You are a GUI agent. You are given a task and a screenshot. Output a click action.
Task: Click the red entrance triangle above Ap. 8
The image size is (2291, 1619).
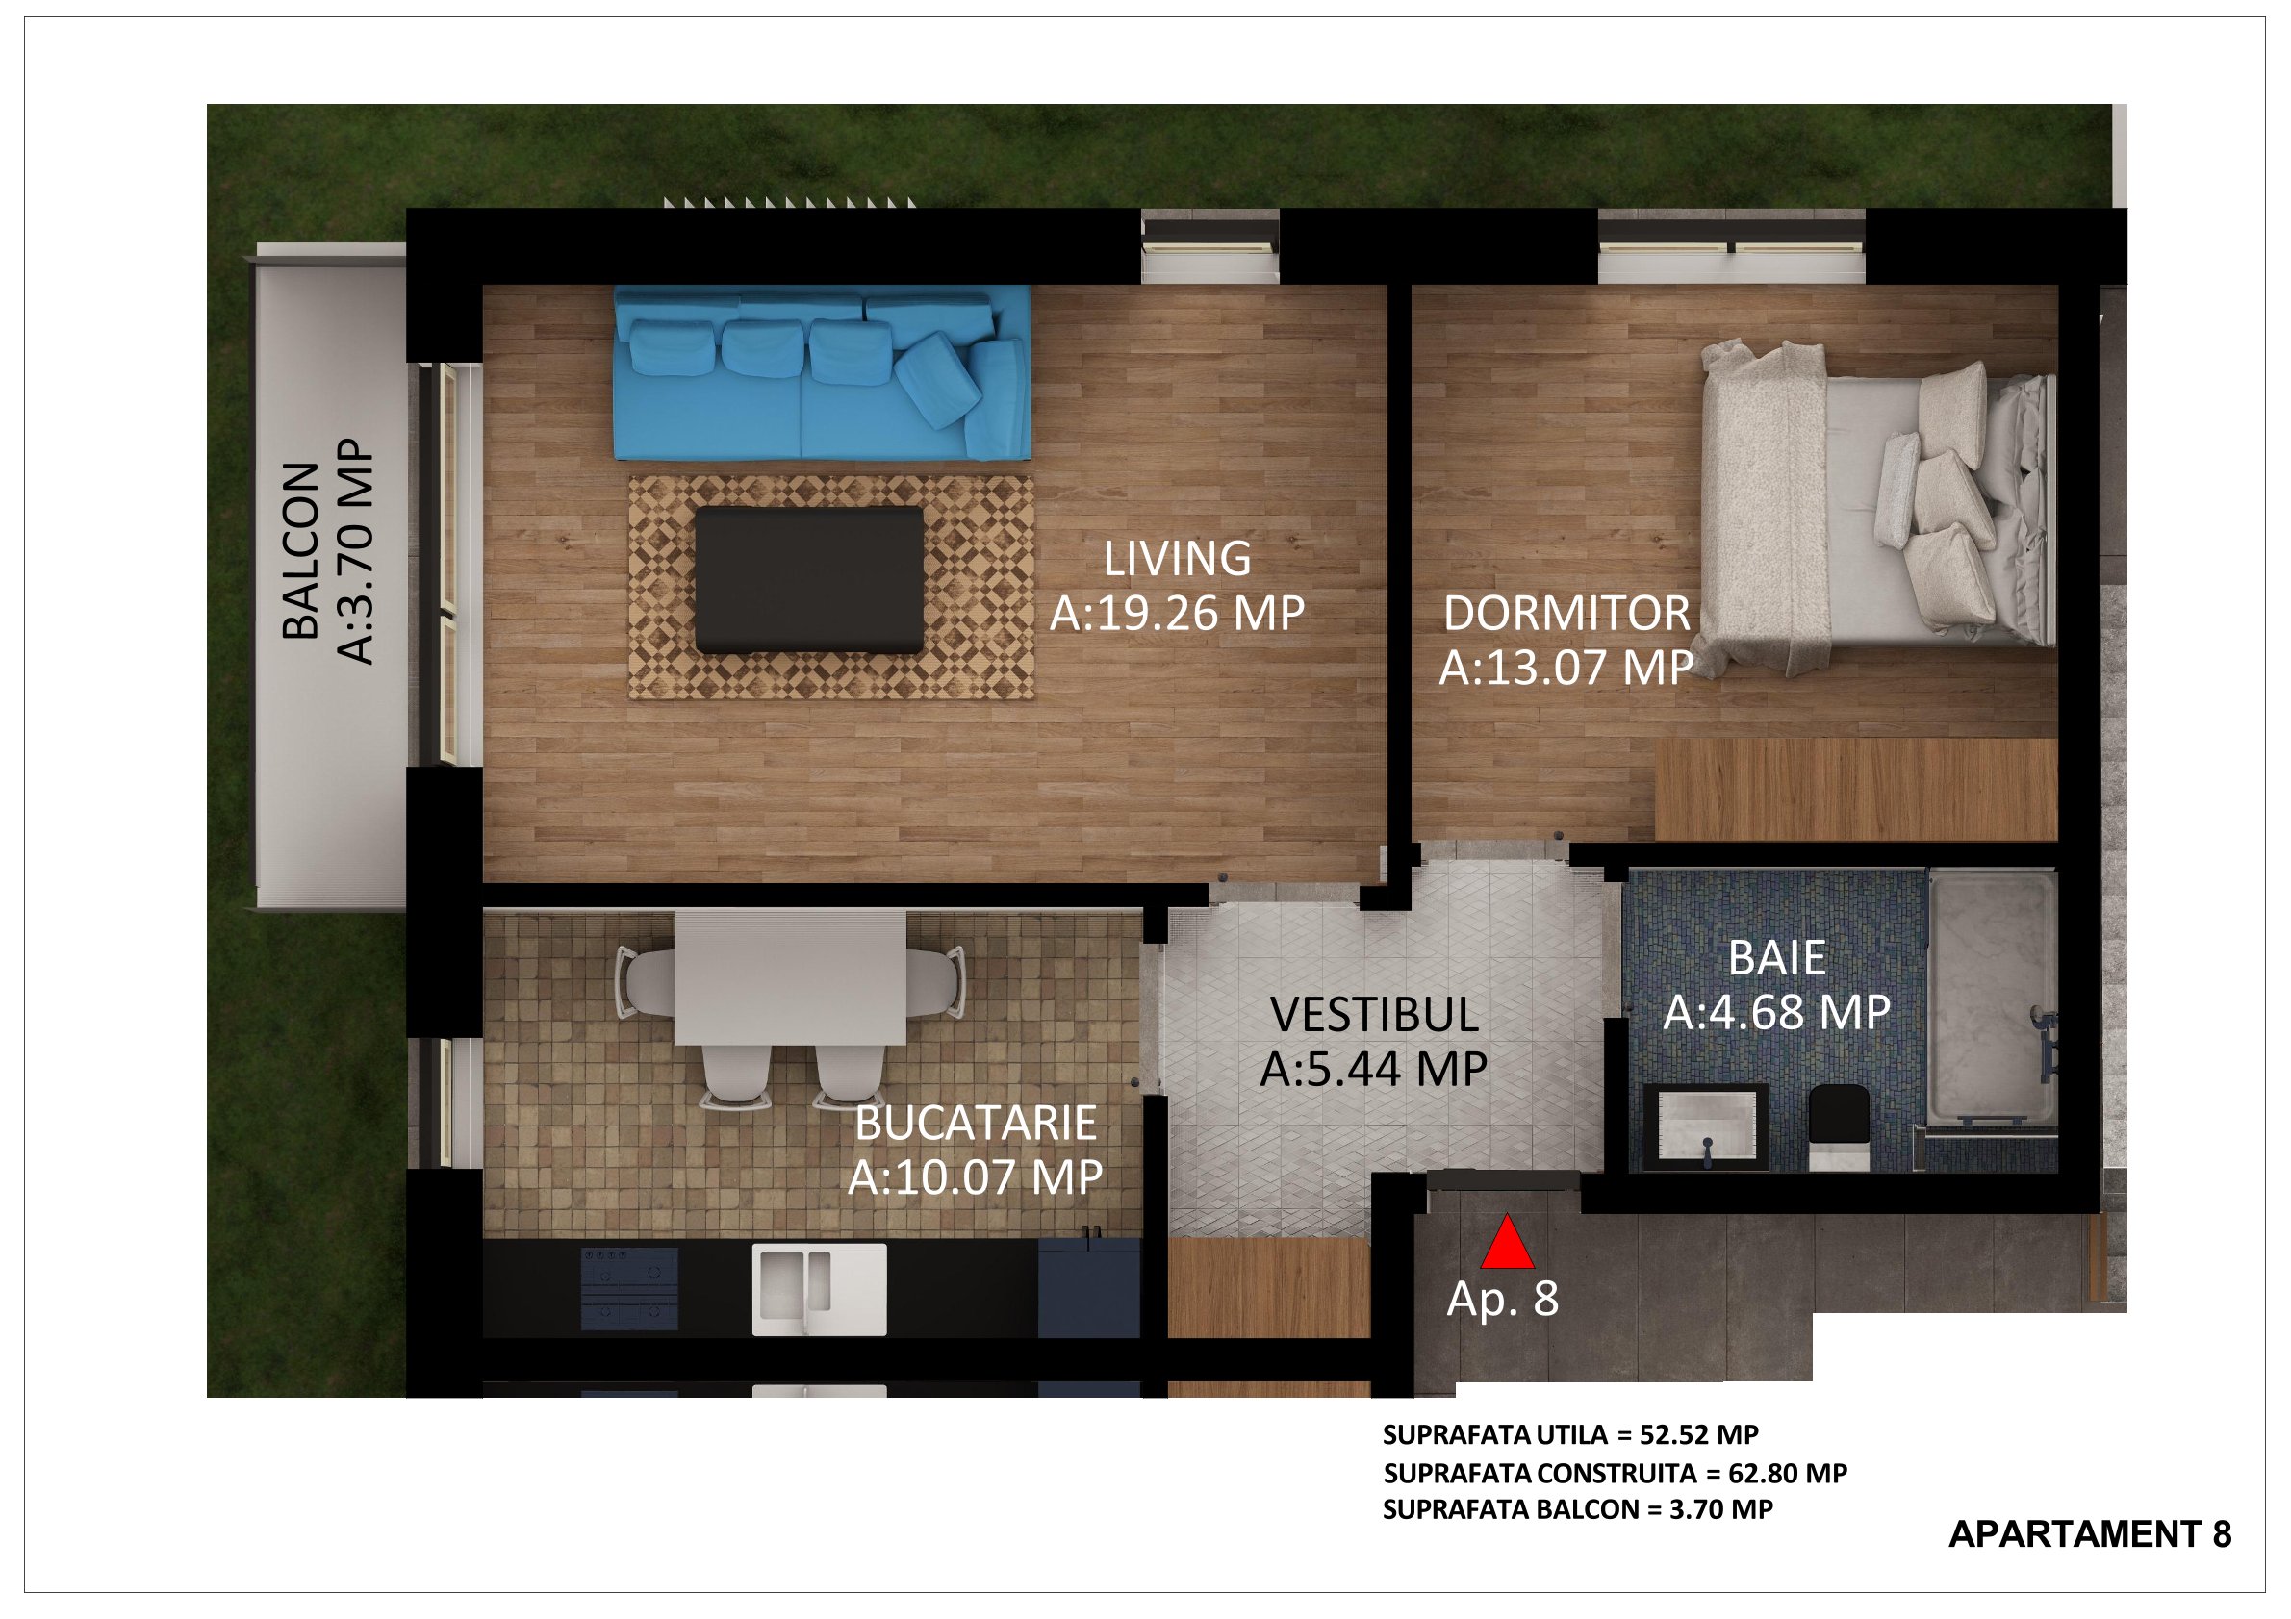pyautogui.click(x=1507, y=1243)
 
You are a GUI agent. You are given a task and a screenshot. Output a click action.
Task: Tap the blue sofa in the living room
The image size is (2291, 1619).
pyautogui.click(x=823, y=373)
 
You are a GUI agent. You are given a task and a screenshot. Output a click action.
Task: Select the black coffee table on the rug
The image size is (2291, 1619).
pyautogui.click(x=809, y=579)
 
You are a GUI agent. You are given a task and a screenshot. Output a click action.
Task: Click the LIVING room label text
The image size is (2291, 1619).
pyautogui.click(x=1178, y=559)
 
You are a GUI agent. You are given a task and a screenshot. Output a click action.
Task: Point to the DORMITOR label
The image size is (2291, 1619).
pyautogui.click(x=1566, y=614)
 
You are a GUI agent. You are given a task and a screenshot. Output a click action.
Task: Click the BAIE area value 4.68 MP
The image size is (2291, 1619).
pyautogui.click(x=1776, y=1013)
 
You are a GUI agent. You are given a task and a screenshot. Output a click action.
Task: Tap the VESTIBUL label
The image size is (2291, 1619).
pyautogui.click(x=1374, y=1015)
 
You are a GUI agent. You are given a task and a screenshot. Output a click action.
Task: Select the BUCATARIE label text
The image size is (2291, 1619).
pyautogui.click(x=976, y=1124)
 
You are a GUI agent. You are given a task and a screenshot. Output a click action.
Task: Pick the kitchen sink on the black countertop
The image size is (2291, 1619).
pyautogui.click(x=819, y=1288)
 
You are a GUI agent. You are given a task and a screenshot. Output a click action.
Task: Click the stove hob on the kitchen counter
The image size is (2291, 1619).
pyautogui.click(x=628, y=1287)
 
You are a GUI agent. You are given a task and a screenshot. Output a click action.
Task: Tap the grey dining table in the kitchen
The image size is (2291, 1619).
pyautogui.click(x=791, y=977)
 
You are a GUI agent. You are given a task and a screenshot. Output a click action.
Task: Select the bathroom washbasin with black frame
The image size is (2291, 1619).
pyautogui.click(x=1706, y=1127)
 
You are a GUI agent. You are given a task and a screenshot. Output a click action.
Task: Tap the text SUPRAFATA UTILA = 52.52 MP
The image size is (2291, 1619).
pyautogui.click(x=1570, y=1435)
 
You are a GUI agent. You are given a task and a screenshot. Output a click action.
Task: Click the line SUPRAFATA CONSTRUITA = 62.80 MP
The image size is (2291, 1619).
pyautogui.click(x=1616, y=1474)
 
